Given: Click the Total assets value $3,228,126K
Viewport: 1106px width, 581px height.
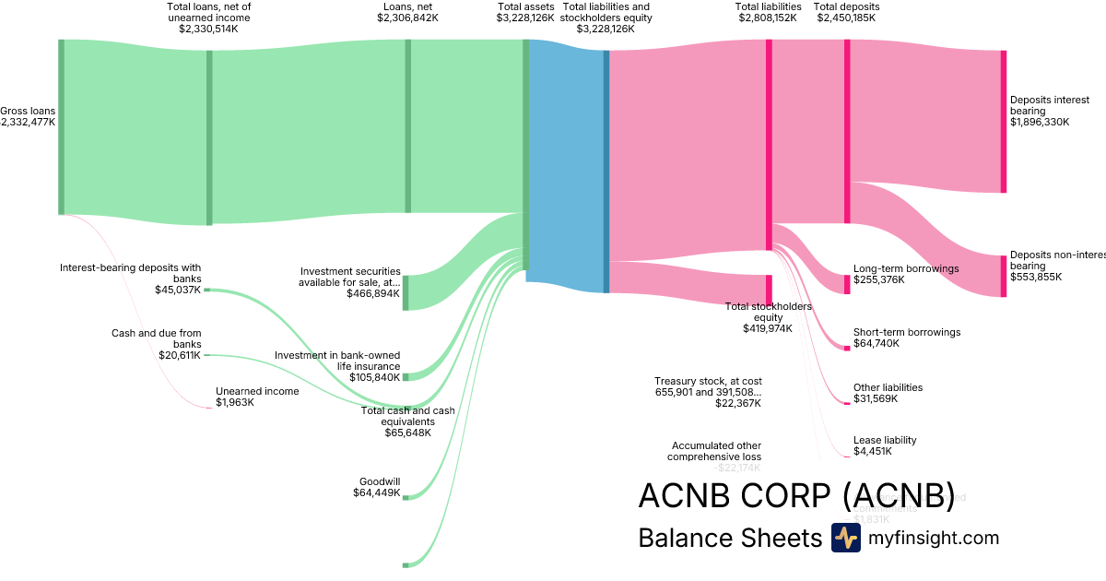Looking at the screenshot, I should pos(525,18).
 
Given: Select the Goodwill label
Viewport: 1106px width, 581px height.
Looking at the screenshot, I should pos(380,481).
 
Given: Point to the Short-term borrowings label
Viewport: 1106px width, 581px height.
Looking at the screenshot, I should pos(907,332).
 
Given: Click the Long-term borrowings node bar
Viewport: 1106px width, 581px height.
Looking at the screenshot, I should pos(847,284).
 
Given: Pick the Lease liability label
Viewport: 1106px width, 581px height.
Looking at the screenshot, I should pos(885,440).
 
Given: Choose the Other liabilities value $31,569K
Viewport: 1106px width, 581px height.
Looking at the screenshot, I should pos(876,398).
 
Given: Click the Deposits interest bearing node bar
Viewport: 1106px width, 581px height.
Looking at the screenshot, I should pos(1004,122).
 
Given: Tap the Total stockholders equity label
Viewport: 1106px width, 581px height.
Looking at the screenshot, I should pos(768,312).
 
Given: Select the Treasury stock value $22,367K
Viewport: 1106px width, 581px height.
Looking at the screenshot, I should pos(738,402).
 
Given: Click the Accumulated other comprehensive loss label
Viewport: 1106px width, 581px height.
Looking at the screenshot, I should pos(716,451).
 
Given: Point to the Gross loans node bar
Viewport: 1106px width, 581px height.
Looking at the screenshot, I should pos(62,127).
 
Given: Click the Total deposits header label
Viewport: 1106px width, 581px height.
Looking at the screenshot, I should pos(846,6).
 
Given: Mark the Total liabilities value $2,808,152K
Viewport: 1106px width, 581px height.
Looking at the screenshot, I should pos(768,18).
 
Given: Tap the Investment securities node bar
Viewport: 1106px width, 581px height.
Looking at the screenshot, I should pos(406,292).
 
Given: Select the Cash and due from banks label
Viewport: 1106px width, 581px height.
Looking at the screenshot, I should pos(157,338).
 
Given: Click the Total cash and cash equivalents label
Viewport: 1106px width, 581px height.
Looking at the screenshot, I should pos(407,416).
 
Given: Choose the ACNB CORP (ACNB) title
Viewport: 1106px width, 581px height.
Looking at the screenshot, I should pos(796,496).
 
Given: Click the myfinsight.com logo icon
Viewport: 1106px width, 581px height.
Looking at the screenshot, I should pos(845,538).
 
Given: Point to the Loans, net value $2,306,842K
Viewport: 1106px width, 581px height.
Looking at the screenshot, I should pos(407,18).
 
